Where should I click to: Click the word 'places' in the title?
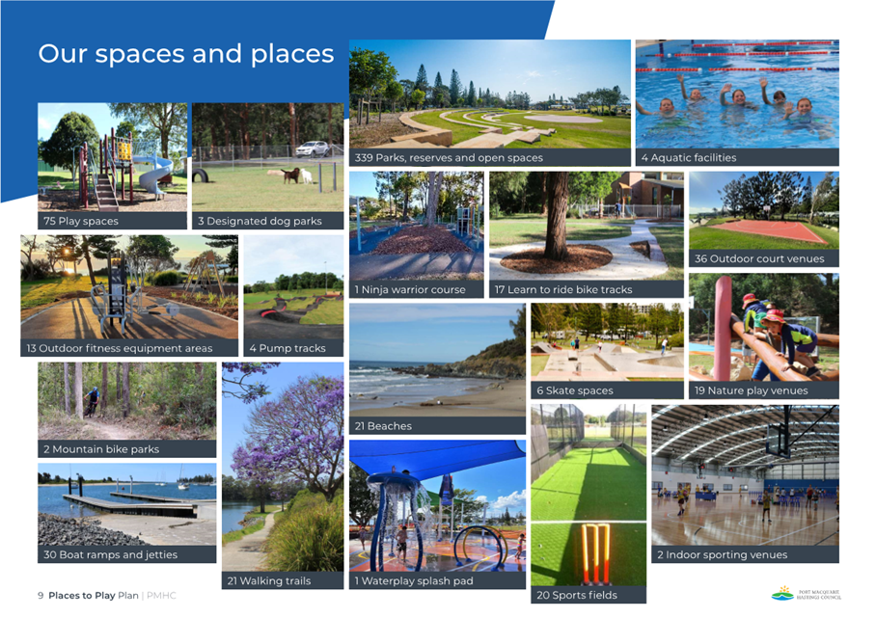291,55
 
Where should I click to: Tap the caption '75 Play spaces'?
81,221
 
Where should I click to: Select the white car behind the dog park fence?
313,149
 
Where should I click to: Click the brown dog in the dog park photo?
290,175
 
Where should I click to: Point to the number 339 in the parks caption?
364,158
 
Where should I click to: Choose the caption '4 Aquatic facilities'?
688,158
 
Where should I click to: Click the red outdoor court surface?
768,230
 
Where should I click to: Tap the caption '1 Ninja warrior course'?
410,290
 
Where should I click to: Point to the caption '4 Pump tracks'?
287,348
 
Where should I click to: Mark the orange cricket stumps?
595,553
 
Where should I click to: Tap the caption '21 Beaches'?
383,426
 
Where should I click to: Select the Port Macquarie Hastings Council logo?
807,594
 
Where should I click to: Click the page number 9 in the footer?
41,596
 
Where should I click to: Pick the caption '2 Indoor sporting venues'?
722,555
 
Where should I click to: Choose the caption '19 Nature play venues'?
751,390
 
